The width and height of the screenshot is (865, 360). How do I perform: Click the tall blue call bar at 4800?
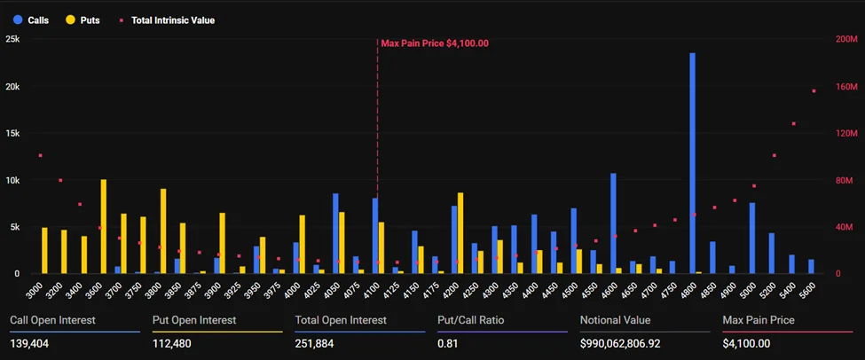coord(692,163)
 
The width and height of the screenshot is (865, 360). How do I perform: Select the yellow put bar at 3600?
coord(104,226)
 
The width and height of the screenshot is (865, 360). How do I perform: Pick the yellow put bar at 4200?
coord(460,232)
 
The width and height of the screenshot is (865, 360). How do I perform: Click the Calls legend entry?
coord(32,20)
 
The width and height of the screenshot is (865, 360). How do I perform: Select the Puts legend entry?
coord(83,20)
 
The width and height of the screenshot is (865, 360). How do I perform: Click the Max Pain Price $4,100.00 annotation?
coord(435,43)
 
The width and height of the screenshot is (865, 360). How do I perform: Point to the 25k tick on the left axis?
coord(12,40)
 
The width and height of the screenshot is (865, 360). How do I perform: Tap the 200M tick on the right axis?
coord(846,40)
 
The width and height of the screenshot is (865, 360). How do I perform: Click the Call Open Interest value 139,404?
coord(29,343)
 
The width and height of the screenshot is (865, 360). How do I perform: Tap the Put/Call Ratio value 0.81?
coord(447,343)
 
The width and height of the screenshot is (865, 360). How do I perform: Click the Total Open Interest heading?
coord(341,320)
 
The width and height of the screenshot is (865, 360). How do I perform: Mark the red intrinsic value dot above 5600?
coord(814,91)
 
